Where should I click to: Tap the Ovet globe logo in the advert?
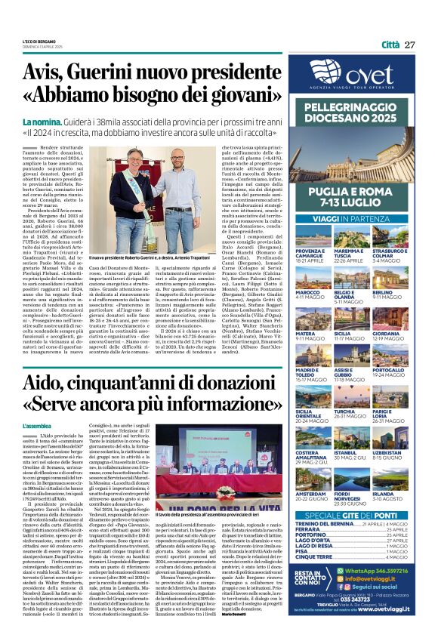324,73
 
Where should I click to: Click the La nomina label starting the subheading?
44,122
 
